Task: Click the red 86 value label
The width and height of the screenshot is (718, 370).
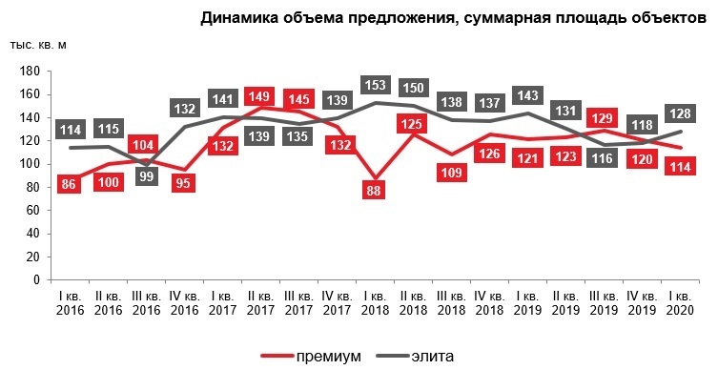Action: pos(68,185)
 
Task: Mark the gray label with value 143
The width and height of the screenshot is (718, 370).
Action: pos(526,96)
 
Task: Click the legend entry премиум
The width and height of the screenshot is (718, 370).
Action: pos(315,356)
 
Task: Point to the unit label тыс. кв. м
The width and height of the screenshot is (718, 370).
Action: pos(39,46)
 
